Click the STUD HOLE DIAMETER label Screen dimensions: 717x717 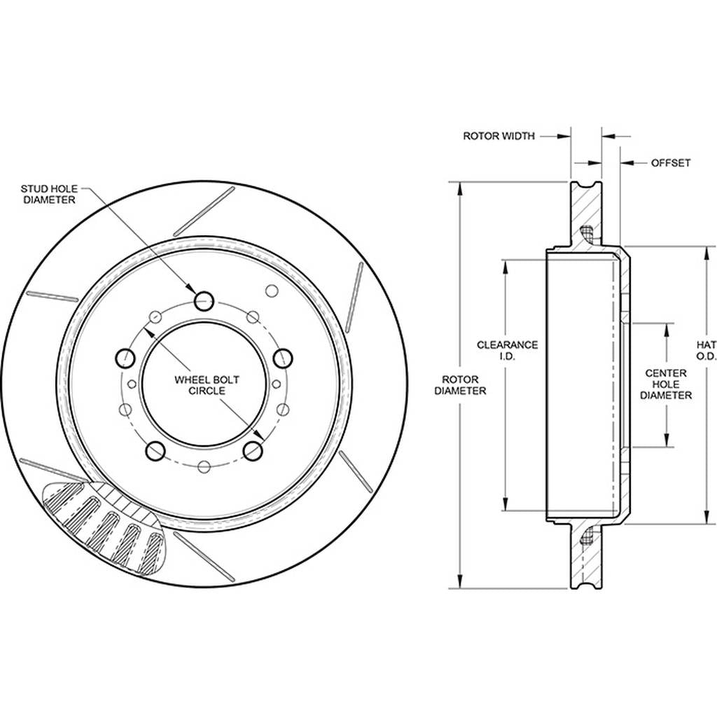49,194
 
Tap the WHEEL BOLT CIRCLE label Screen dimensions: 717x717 207,385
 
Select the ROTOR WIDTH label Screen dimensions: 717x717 499,136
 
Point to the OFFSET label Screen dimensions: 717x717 670,162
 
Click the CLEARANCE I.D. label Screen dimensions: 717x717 507,350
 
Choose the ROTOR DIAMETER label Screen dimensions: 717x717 460,385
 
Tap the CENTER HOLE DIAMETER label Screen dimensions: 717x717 666,384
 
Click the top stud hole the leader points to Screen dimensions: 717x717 204,301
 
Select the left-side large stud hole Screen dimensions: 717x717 125,358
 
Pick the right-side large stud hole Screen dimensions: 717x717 283,358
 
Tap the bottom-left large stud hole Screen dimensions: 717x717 155,451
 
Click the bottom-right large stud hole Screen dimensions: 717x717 253,451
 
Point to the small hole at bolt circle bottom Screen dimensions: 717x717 204,466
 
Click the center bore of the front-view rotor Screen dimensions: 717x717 204,384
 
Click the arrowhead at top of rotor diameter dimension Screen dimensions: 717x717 460,190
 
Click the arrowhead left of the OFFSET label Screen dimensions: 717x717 627,162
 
